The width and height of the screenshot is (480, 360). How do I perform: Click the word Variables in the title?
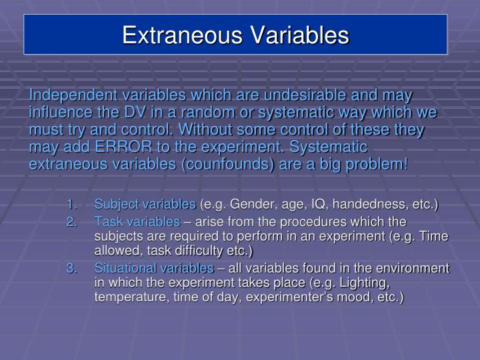(x=297, y=35)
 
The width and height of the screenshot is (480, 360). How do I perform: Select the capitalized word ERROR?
(x=137, y=147)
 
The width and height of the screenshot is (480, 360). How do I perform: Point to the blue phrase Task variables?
(x=137, y=221)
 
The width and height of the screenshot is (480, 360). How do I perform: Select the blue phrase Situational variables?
(x=154, y=268)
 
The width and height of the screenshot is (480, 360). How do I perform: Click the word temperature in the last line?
(x=128, y=297)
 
